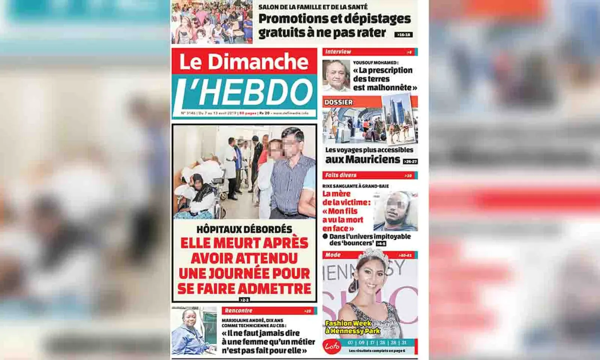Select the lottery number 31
(x=404, y=342)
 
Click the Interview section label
(x=338, y=52)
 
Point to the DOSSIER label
(x=338, y=102)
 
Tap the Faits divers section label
(x=341, y=175)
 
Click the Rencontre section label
(x=238, y=310)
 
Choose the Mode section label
(x=333, y=255)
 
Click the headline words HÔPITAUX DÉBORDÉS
(x=244, y=229)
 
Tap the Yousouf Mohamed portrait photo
(x=336, y=75)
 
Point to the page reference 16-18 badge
(x=403, y=34)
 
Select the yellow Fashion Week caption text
(x=352, y=327)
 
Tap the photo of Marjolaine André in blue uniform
(x=194, y=331)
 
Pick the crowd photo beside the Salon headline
(x=212, y=22)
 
